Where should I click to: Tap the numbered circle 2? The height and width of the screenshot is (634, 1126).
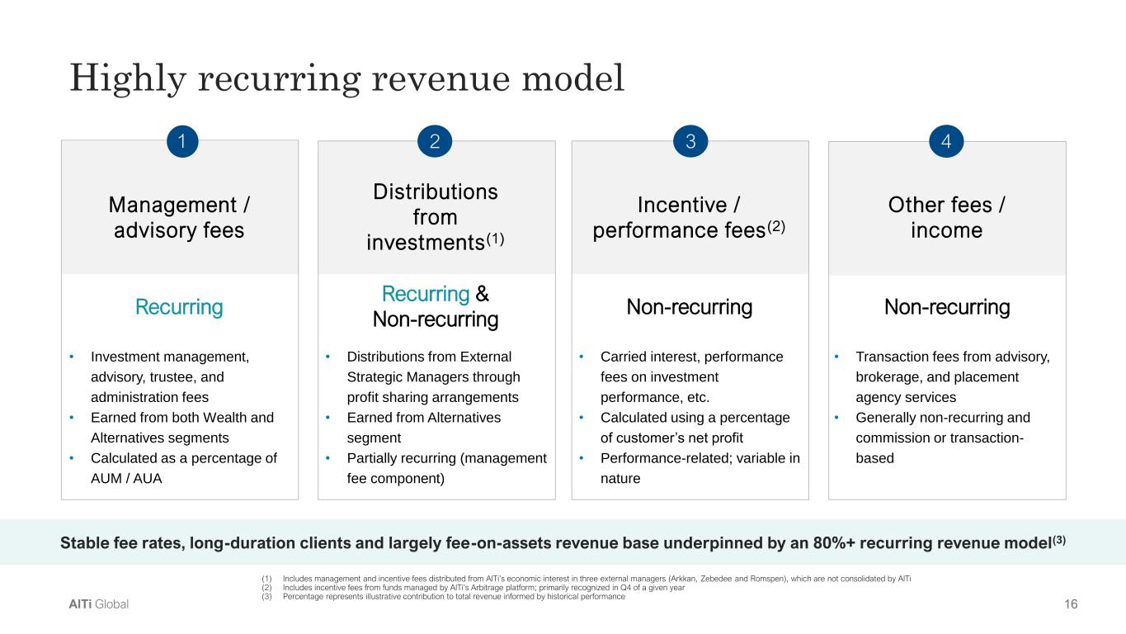[436, 142]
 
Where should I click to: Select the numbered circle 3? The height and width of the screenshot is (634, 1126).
[690, 142]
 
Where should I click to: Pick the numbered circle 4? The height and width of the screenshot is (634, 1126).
[946, 142]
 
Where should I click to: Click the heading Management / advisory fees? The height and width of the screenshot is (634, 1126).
[179, 216]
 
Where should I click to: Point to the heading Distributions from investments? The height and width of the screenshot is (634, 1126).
[435, 216]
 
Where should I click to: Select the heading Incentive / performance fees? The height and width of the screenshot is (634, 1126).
[689, 216]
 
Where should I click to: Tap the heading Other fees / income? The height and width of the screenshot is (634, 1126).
[946, 216]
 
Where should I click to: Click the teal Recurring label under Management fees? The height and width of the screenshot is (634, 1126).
[179, 308]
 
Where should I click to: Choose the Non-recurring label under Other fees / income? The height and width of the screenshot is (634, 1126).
[947, 308]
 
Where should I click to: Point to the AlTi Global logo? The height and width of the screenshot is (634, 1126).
[99, 604]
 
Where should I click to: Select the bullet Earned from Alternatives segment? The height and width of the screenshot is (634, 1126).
[424, 427]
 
